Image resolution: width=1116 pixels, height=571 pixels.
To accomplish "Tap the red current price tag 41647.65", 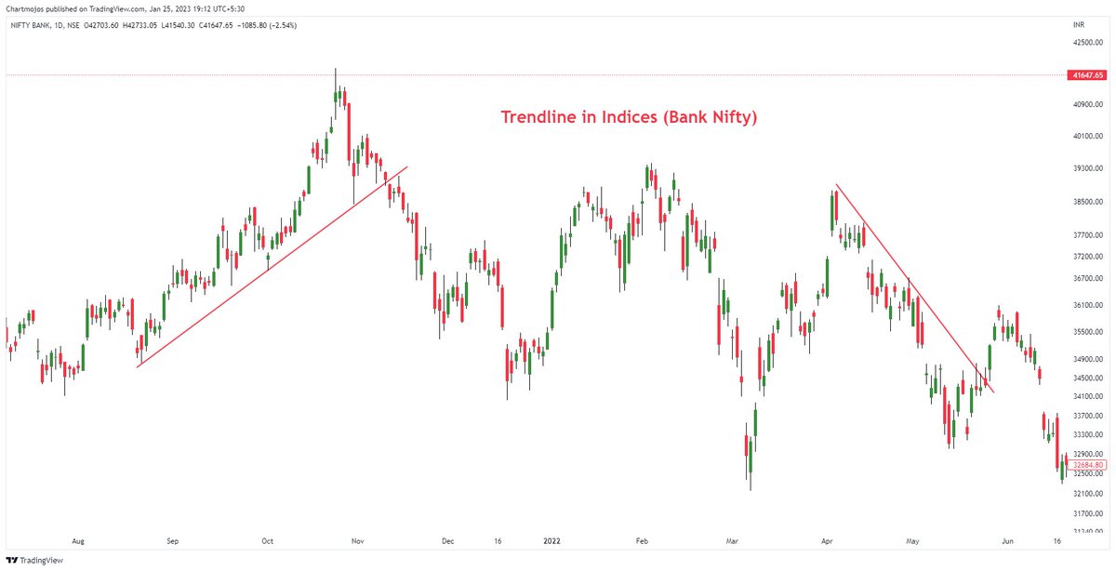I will point(1086,74).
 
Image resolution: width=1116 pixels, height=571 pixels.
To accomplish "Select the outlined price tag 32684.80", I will point(1086,465).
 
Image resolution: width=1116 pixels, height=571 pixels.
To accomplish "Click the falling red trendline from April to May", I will point(916,289).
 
